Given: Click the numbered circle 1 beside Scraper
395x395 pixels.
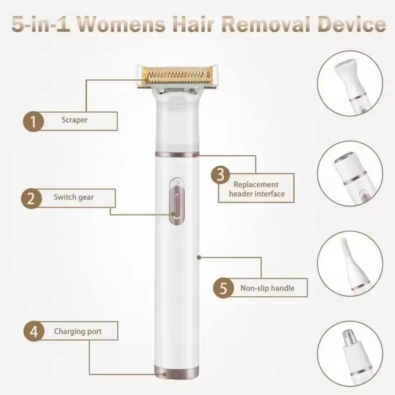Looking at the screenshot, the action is click(x=33, y=121).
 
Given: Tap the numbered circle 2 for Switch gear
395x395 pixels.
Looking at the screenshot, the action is click(x=31, y=198).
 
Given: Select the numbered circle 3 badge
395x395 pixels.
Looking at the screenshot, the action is click(x=221, y=174).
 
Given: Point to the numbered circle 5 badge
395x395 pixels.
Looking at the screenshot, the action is click(x=223, y=288).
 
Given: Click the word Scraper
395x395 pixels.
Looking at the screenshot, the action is click(x=74, y=120).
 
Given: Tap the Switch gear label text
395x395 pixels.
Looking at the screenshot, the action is click(x=74, y=197).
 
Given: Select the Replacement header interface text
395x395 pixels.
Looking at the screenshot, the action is click(x=257, y=189).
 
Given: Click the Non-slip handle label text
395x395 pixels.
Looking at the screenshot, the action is click(x=267, y=288).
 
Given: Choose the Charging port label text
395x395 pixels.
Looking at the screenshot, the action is click(x=78, y=332).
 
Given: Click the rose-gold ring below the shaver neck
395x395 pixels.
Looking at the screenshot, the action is click(x=177, y=154).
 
